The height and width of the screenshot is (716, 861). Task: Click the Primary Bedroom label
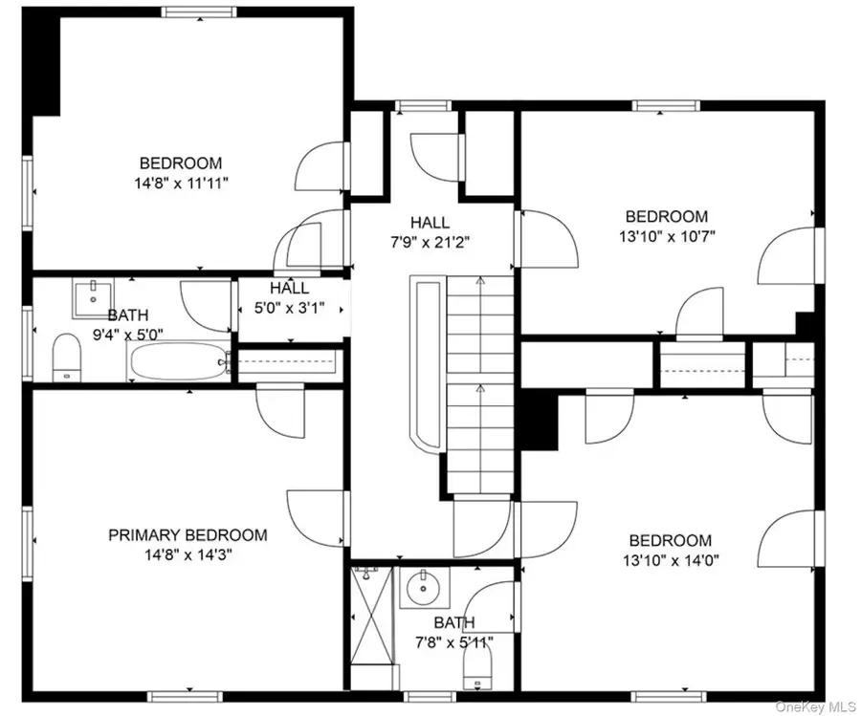click(x=188, y=535)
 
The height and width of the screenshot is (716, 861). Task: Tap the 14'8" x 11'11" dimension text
click(x=181, y=184)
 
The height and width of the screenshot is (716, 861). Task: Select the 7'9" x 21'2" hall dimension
click(x=430, y=243)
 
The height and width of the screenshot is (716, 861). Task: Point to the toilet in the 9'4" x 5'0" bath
click(x=67, y=358)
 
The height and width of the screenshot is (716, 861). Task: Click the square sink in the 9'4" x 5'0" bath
click(x=93, y=298)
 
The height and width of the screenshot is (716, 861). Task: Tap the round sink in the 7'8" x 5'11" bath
click(x=424, y=588)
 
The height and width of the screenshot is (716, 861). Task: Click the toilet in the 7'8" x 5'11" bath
click(x=477, y=665)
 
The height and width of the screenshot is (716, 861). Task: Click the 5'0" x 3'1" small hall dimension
click(x=289, y=309)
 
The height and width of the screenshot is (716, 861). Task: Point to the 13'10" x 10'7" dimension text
click(x=667, y=236)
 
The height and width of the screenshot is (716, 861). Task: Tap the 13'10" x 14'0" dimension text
click(x=671, y=561)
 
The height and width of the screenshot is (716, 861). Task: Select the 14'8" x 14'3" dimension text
click(x=188, y=555)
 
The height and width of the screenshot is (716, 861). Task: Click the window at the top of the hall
click(x=423, y=106)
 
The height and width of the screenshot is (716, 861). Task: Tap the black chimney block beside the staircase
click(x=540, y=421)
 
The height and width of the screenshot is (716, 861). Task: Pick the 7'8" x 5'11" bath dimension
click(x=454, y=642)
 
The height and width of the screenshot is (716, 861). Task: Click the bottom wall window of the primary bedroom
click(x=185, y=697)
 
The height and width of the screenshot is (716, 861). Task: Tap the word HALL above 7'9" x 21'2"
click(x=430, y=222)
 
